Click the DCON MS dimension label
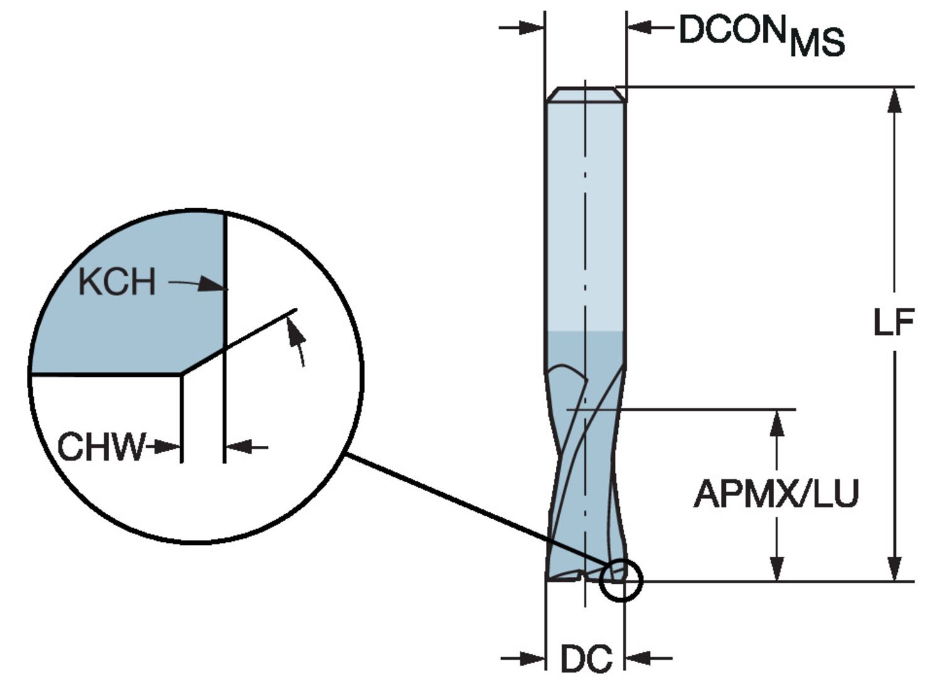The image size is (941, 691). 762,34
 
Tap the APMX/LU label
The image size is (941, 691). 775,493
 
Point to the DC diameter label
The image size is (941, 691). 586,659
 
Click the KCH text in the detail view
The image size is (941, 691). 117,282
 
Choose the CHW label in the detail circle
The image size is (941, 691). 100,447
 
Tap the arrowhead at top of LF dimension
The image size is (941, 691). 895,100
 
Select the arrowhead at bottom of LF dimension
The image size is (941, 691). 895,567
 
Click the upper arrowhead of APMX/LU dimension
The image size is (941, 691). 777,423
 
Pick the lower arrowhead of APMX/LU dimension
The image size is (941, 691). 777,567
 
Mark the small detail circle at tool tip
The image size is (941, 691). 621,580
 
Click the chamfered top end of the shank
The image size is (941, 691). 585,95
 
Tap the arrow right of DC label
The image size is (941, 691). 640,658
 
